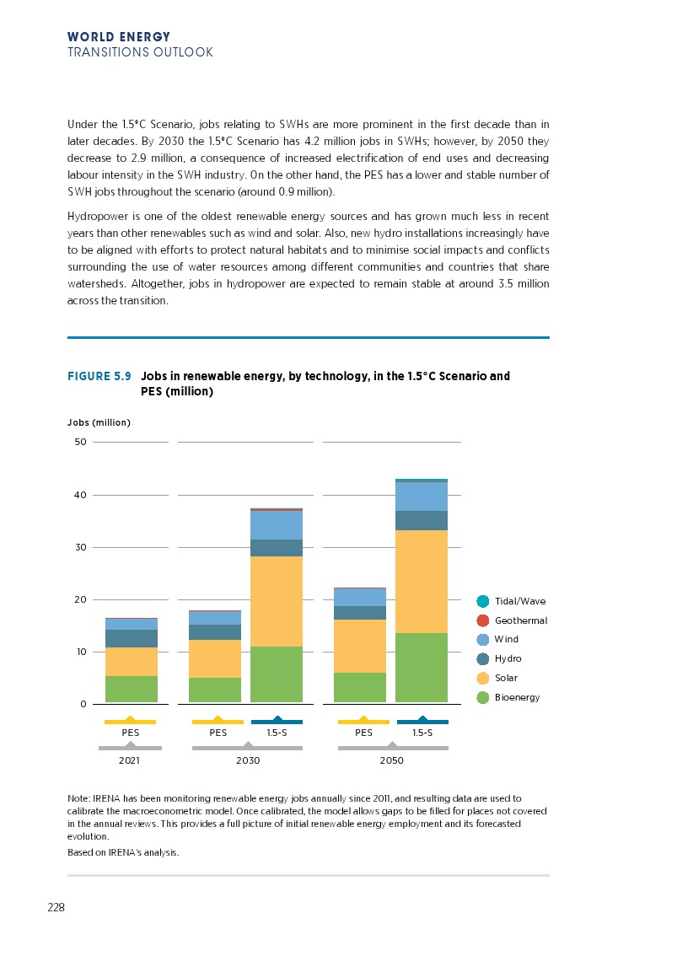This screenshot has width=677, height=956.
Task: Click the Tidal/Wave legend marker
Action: (x=483, y=601)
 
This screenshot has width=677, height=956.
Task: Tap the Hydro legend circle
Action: (x=483, y=658)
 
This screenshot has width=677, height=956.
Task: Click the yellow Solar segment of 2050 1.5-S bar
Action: (x=422, y=581)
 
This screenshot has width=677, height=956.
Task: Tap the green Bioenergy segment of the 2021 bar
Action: (x=131, y=689)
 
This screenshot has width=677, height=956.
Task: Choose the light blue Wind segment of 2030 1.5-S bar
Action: (x=277, y=525)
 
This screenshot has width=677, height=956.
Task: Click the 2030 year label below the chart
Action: (x=248, y=760)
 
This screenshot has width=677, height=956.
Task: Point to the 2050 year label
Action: (x=392, y=760)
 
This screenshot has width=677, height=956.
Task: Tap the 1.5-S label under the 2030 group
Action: (x=277, y=733)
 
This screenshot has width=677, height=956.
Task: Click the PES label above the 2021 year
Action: (x=131, y=733)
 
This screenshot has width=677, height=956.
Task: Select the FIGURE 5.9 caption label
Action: (x=99, y=376)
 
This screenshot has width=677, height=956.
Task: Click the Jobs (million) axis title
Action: (x=99, y=422)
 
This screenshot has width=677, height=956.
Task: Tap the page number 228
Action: (x=56, y=908)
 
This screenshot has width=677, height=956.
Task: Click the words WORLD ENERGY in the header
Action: (x=119, y=37)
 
